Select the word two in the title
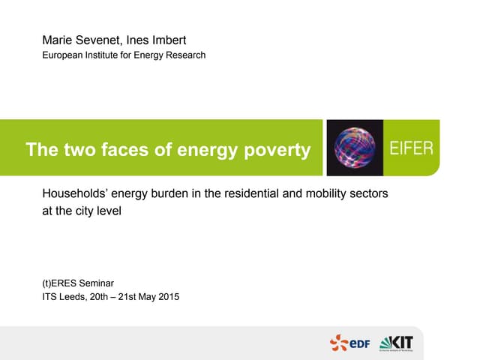point(81,150)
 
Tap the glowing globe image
point(354,147)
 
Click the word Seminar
point(97,283)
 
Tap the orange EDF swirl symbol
point(339,343)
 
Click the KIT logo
point(397,343)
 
